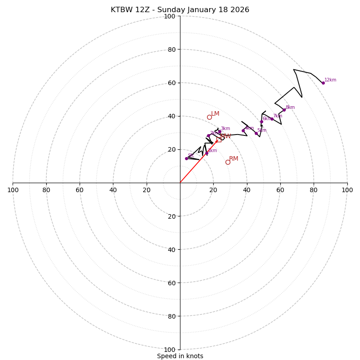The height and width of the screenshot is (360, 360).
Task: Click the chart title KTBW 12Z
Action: tap(180, 10)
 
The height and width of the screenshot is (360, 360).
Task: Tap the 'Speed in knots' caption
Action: tap(180, 356)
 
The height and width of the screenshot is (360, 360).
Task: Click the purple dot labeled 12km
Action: tap(323, 83)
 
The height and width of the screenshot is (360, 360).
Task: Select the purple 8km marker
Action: tap(284, 110)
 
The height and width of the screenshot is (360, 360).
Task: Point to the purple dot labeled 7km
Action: tap(272, 119)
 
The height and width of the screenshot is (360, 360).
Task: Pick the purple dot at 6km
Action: tap(261, 121)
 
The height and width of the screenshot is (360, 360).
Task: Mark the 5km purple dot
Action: tap(256, 133)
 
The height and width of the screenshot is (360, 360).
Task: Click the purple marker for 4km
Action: tap(243, 130)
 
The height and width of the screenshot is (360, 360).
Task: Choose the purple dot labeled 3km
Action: tap(220, 131)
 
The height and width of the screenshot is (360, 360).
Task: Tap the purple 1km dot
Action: tap(207, 153)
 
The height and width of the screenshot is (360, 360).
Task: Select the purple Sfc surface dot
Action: tap(186, 158)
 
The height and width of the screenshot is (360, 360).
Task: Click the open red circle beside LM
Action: tap(209, 117)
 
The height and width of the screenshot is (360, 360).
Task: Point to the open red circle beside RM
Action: tap(228, 162)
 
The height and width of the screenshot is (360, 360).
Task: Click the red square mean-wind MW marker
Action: tap(219, 139)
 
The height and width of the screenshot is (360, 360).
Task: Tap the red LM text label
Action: tap(215, 114)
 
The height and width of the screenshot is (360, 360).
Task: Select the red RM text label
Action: tap(234, 159)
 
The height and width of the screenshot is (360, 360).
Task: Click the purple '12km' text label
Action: tap(330, 80)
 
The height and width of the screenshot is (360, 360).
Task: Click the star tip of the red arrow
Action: tap(216, 141)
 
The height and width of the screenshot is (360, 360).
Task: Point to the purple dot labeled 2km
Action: tap(208, 135)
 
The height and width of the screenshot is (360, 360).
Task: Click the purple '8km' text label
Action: tap(290, 108)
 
